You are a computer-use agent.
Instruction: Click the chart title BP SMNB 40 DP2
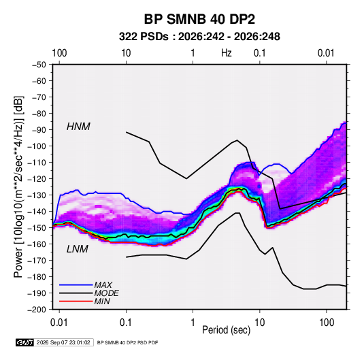point(199,19)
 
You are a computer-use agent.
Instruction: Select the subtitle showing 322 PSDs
point(199,37)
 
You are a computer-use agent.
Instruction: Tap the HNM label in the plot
point(78,127)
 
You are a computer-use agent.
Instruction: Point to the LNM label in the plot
point(78,249)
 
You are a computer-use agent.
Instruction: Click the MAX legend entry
point(103,284)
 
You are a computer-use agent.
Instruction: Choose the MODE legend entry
point(107,293)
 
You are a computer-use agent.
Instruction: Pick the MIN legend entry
point(102,301)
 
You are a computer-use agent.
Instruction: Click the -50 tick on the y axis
point(39,65)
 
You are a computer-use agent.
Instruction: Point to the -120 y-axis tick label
point(37,179)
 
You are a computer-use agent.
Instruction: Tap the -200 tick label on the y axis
point(37,310)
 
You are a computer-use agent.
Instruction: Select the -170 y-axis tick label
point(37,261)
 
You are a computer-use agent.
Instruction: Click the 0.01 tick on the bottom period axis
point(59,323)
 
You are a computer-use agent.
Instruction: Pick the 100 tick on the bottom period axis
point(327,323)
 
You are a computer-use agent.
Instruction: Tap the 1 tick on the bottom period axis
point(193,323)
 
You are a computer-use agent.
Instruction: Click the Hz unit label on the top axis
point(227,53)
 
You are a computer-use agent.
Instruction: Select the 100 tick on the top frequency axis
point(59,53)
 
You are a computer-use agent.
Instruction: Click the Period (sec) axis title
point(227,330)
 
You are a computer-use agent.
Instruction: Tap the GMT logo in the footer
point(24,342)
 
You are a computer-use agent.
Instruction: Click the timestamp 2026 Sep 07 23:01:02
point(63,342)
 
